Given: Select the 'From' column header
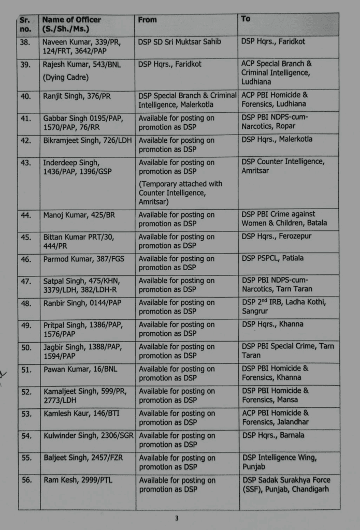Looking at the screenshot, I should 148,20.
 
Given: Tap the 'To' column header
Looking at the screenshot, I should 246,19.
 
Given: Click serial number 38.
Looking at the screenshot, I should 26,41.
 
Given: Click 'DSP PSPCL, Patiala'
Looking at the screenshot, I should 272,258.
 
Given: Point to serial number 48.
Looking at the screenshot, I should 26,303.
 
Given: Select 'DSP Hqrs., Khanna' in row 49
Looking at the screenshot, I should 272,324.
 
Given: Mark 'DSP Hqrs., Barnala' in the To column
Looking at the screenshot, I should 273,435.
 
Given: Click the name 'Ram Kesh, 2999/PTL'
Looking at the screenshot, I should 78,480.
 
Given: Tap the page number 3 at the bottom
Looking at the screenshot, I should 177,519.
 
